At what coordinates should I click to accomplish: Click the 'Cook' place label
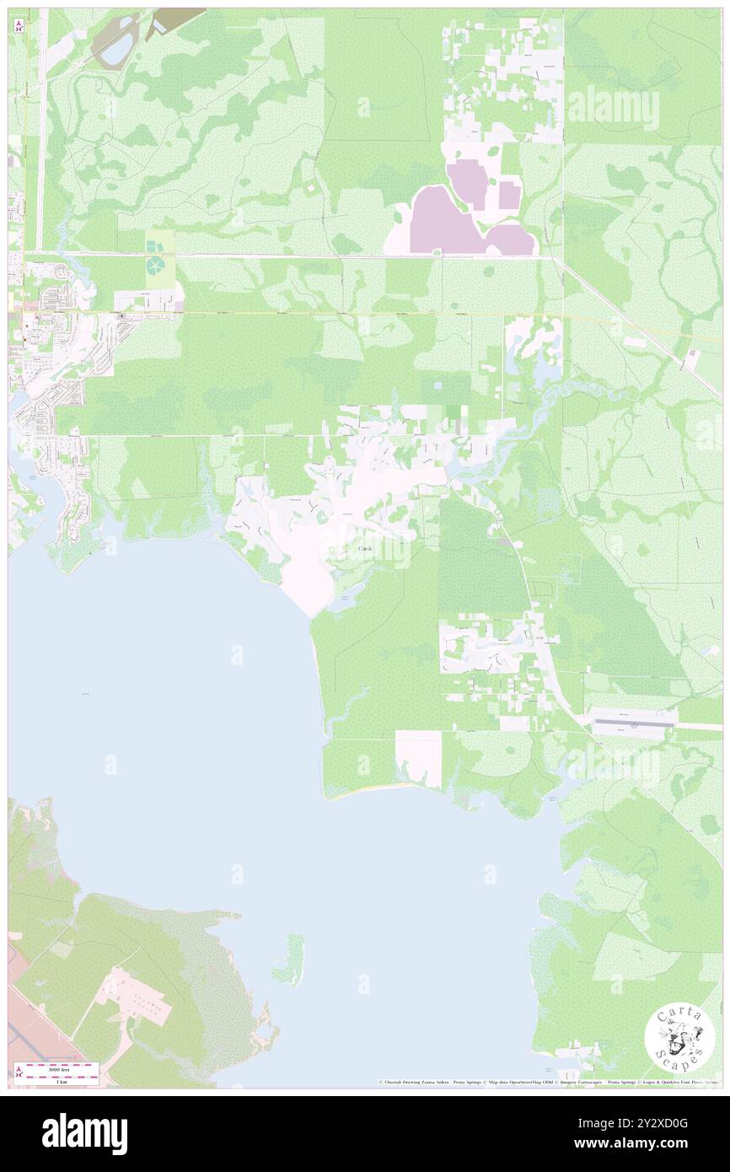(x=364, y=549)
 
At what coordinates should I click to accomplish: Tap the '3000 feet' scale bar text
(x=56, y=1068)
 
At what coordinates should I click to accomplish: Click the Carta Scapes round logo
(x=679, y=1040)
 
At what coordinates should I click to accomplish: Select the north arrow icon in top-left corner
(x=19, y=26)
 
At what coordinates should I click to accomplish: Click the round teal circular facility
(x=157, y=266)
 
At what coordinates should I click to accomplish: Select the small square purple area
(x=508, y=195)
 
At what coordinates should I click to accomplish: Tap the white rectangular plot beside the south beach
(x=418, y=758)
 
